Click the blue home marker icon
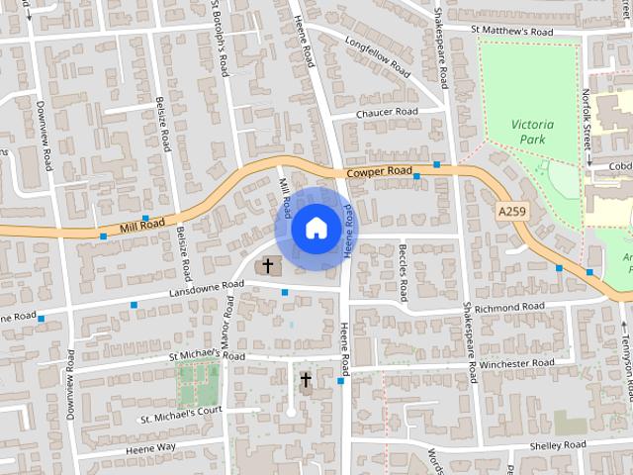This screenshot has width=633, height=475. point(316,228)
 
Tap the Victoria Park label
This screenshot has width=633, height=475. point(533,132)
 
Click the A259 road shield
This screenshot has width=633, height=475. point(510,212)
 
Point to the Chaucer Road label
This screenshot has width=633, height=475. point(387,113)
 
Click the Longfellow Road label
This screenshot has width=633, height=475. point(377,57)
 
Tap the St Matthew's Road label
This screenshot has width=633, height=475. point(511,32)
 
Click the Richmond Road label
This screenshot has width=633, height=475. point(509,308)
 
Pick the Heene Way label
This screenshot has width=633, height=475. point(150,448)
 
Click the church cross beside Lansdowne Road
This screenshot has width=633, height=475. point(267,266)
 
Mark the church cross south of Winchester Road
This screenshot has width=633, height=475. point(306,379)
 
